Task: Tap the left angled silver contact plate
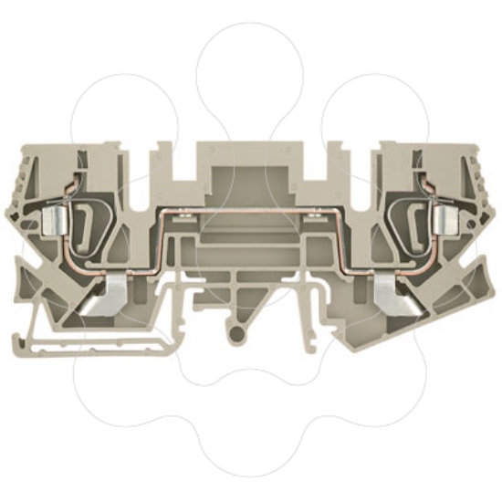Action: pyautogui.click(x=117, y=298)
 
